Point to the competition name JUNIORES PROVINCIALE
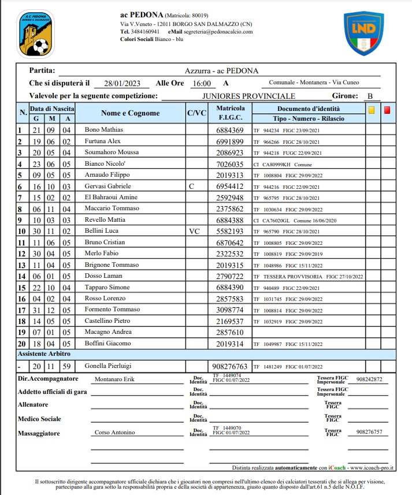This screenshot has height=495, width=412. tap(249, 96)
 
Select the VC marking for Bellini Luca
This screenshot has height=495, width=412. tap(194, 231)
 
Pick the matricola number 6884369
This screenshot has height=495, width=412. tap(230, 130)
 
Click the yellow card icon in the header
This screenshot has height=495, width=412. tap(372, 109)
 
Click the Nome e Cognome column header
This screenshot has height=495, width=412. tap(130, 113)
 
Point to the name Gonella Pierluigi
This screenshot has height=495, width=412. tap(108, 366)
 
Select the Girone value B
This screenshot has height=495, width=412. tap(370, 96)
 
